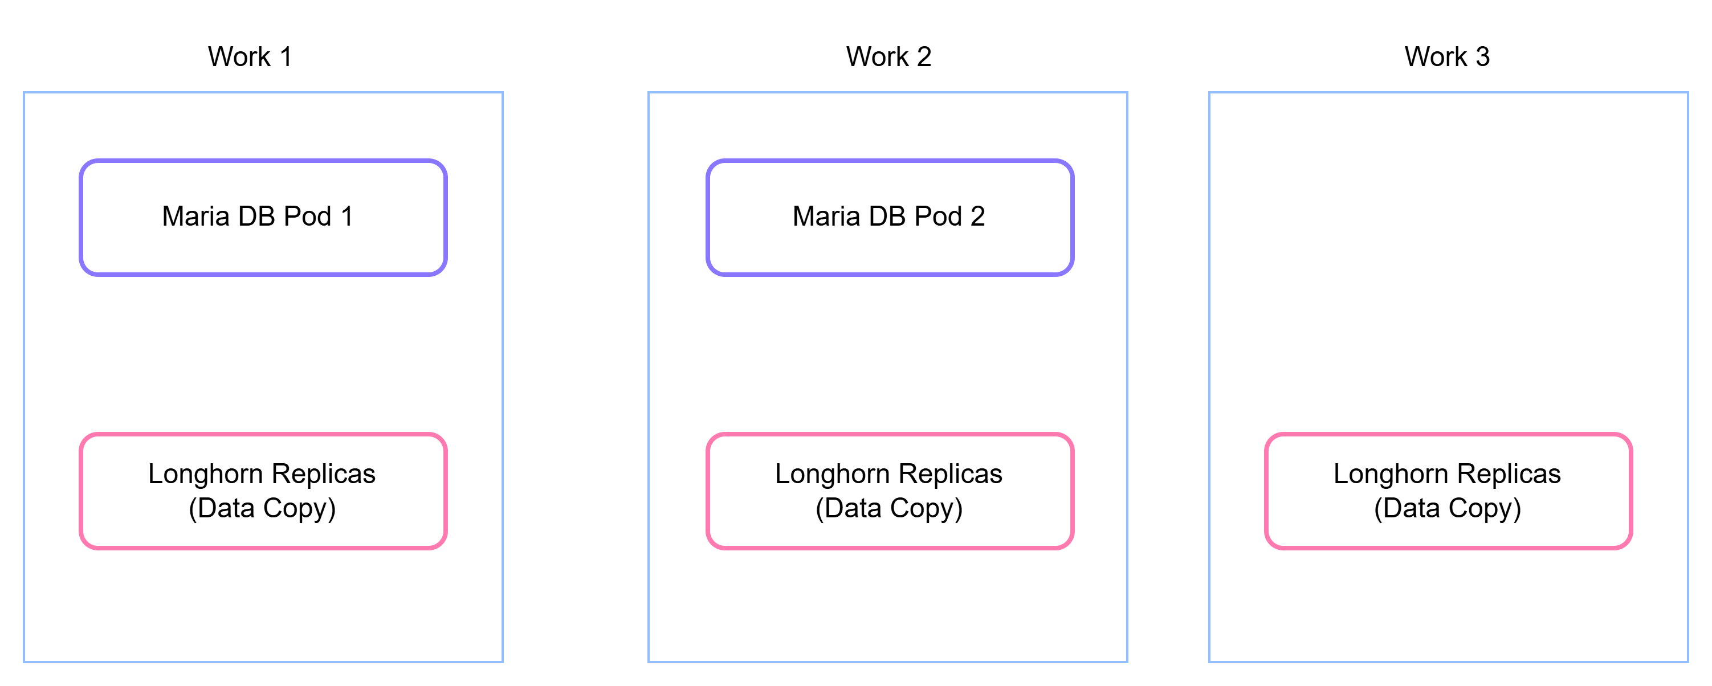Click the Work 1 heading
(250, 56)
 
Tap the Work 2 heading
(888, 56)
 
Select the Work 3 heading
(1447, 56)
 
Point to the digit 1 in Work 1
(286, 56)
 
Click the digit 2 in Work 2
(924, 56)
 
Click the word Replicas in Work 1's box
(324, 474)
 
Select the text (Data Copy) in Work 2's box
(889, 508)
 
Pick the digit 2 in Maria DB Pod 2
(977, 216)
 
